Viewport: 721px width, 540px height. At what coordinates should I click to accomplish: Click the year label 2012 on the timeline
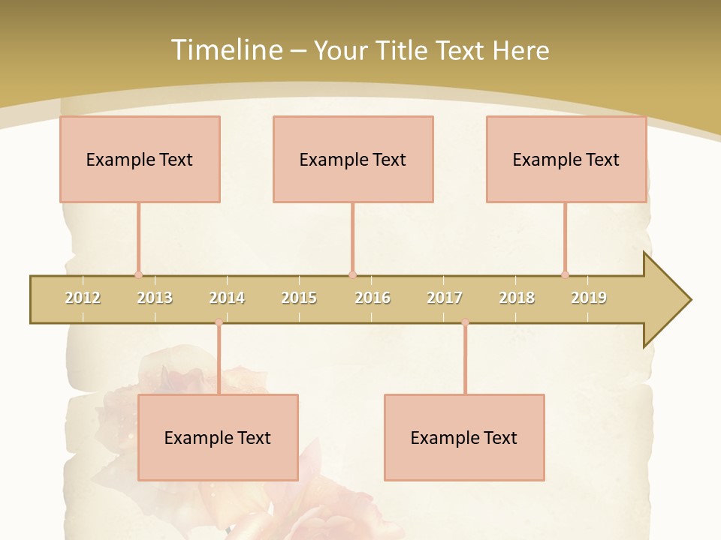pos(83,298)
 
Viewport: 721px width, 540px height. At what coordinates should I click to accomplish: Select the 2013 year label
pos(155,298)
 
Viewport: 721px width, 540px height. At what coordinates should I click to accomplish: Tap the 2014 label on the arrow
pos(227,298)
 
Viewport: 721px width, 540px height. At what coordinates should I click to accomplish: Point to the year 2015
pos(299,298)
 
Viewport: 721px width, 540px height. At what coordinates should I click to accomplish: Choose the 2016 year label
pos(373,298)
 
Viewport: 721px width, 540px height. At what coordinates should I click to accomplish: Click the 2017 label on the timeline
pos(445,298)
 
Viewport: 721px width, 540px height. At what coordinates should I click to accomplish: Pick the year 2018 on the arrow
pos(517,298)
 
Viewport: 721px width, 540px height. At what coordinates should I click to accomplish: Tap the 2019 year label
pos(589,298)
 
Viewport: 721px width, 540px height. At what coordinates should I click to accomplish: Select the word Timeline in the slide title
pos(225,50)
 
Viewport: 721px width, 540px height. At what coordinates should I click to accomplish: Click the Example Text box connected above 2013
pos(140,159)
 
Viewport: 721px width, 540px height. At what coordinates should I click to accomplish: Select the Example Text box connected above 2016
pos(353,159)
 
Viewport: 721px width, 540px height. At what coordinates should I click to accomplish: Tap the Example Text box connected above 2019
pos(566,159)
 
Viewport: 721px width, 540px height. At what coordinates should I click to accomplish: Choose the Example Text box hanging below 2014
pos(218,437)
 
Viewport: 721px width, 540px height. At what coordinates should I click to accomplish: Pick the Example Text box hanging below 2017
pos(464,437)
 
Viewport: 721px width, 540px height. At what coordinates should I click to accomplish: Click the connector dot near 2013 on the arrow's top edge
pos(138,275)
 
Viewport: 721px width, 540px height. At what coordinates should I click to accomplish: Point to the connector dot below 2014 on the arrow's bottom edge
pos(219,322)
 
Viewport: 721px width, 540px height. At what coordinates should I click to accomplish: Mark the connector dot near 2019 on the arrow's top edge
pos(565,275)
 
